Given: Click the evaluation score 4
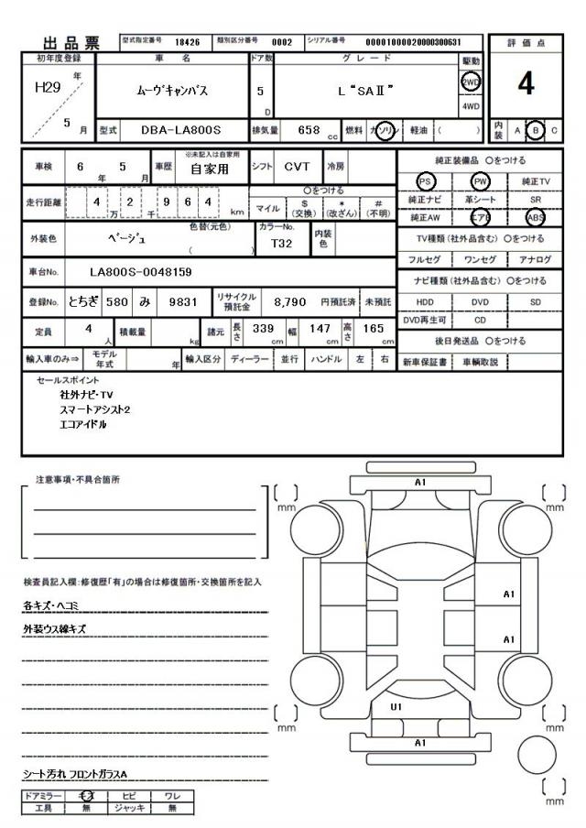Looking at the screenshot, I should click(526, 83).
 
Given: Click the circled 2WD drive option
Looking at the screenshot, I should click(471, 81).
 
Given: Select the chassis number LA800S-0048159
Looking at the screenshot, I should click(141, 272).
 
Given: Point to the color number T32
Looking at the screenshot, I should click(282, 245).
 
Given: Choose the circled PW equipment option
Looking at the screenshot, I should click(481, 182).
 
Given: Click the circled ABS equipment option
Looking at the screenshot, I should click(537, 218).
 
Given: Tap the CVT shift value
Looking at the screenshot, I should click(297, 168).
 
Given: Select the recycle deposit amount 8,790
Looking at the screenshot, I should click(290, 300).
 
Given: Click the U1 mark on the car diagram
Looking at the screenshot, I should click(396, 706).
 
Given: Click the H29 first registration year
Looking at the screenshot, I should click(49, 87).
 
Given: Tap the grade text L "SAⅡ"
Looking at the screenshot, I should click(365, 92).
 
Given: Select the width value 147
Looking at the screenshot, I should click(320, 328).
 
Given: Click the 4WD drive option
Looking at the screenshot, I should click(471, 106).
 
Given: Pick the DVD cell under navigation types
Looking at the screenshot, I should click(481, 300).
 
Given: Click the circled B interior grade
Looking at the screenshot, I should click(537, 132).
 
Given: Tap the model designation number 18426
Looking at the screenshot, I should click(187, 41).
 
